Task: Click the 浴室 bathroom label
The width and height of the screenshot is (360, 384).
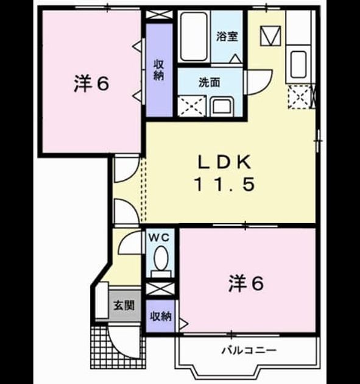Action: coord(227,37)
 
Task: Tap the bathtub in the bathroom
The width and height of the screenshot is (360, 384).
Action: coord(194,36)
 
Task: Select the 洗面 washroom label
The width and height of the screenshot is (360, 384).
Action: coord(210,82)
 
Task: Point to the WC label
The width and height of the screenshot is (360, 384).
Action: coord(160,238)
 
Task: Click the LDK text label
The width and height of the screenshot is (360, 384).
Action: coord(224,162)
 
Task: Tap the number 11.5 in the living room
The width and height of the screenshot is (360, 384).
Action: coord(224,184)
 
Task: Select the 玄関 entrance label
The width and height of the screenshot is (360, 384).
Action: coord(124,305)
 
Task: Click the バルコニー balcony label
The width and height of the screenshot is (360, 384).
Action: coord(249,350)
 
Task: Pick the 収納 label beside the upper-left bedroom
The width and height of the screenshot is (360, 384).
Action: coord(159,70)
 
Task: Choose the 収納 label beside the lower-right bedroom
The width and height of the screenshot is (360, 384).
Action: coord(160,316)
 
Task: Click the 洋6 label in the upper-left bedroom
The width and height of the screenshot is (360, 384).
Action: coord(91,84)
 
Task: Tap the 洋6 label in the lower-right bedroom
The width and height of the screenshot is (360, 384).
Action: coord(246,283)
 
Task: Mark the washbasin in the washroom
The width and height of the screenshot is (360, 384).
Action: coord(222,106)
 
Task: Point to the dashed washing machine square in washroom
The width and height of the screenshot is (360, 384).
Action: coord(191,106)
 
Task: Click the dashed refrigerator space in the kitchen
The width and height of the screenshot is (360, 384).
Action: coord(300,97)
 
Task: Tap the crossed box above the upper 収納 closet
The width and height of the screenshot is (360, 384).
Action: coord(160,15)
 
